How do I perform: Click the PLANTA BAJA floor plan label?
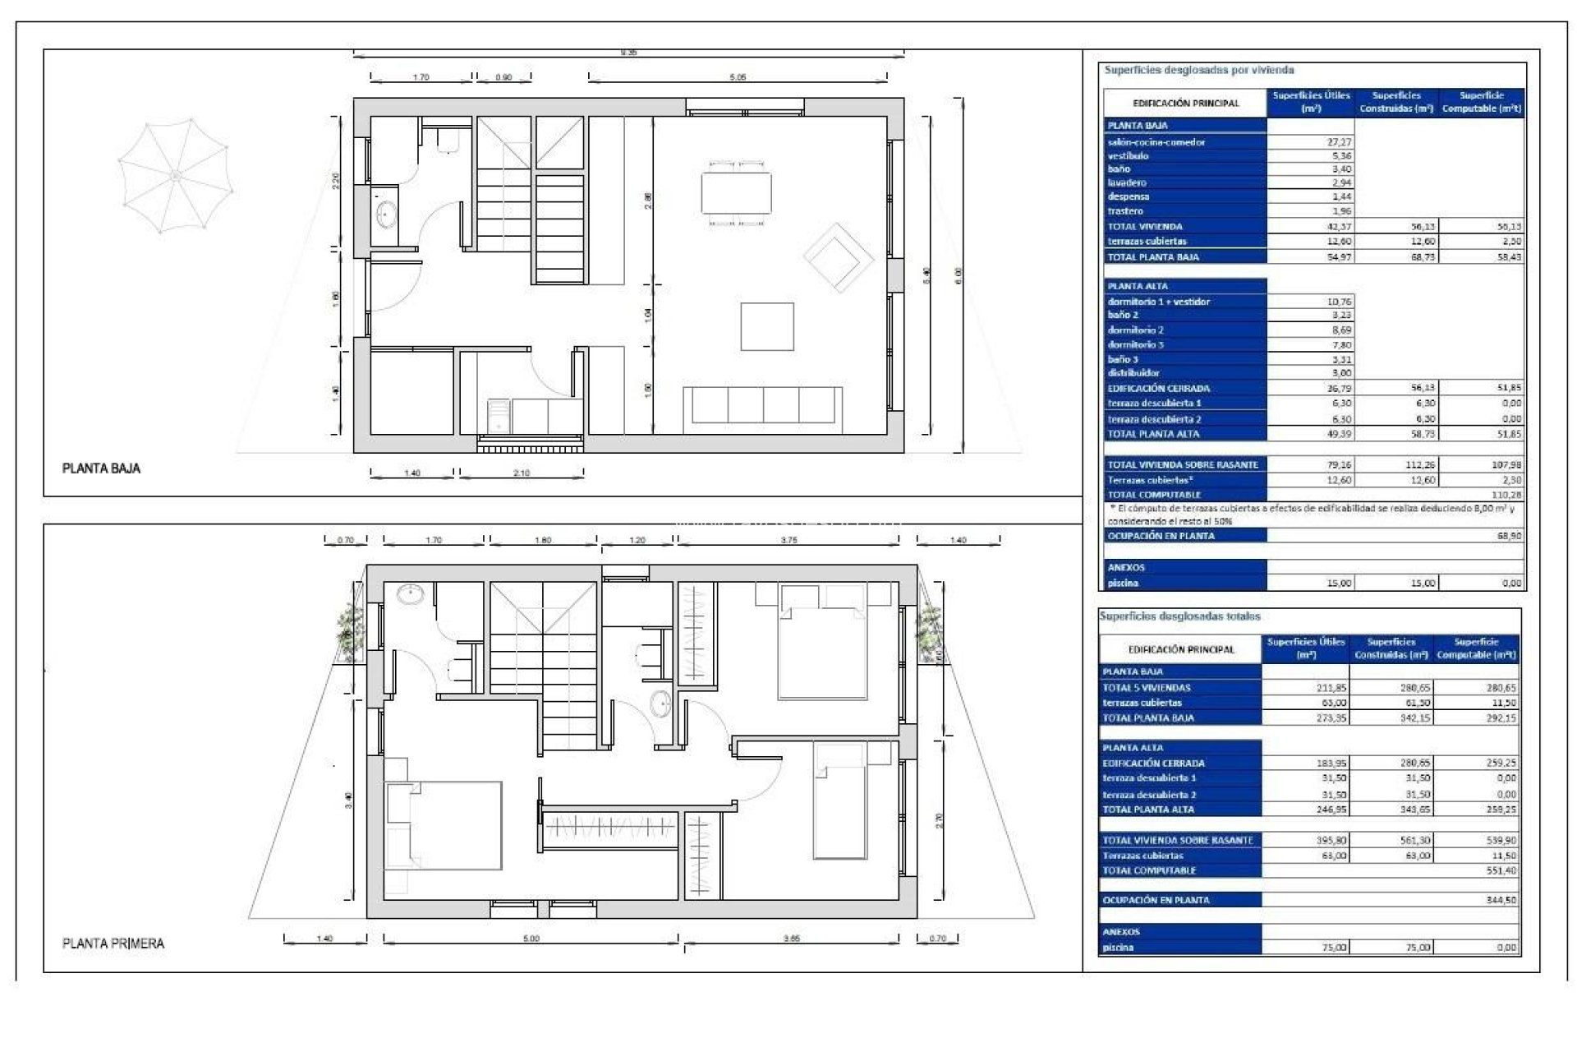pyautogui.click(x=101, y=468)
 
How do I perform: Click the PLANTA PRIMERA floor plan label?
pyautogui.click(x=113, y=944)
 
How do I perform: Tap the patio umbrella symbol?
pyautogui.click(x=175, y=175)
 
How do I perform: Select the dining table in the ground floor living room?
pyautogui.click(x=736, y=192)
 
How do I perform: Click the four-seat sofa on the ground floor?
pyautogui.click(x=763, y=404)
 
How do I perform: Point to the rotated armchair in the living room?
pyautogui.click(x=837, y=256)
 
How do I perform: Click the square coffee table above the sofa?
pyautogui.click(x=767, y=326)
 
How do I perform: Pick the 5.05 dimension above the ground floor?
pyautogui.click(x=738, y=77)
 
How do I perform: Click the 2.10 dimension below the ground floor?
pyautogui.click(x=522, y=473)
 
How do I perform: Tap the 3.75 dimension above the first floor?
pyautogui.click(x=788, y=541)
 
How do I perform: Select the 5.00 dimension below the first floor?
pyautogui.click(x=531, y=939)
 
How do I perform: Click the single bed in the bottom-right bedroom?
pyautogui.click(x=839, y=801)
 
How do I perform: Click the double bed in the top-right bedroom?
pyautogui.click(x=822, y=644)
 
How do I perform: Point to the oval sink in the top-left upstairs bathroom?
pyautogui.click(x=409, y=593)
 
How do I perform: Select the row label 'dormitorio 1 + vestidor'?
pyautogui.click(x=1158, y=302)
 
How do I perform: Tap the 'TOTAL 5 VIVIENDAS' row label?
pyautogui.click(x=1146, y=688)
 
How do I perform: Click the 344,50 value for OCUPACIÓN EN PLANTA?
pyautogui.click(x=1500, y=901)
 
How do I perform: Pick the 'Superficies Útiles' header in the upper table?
pyautogui.click(x=1311, y=101)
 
